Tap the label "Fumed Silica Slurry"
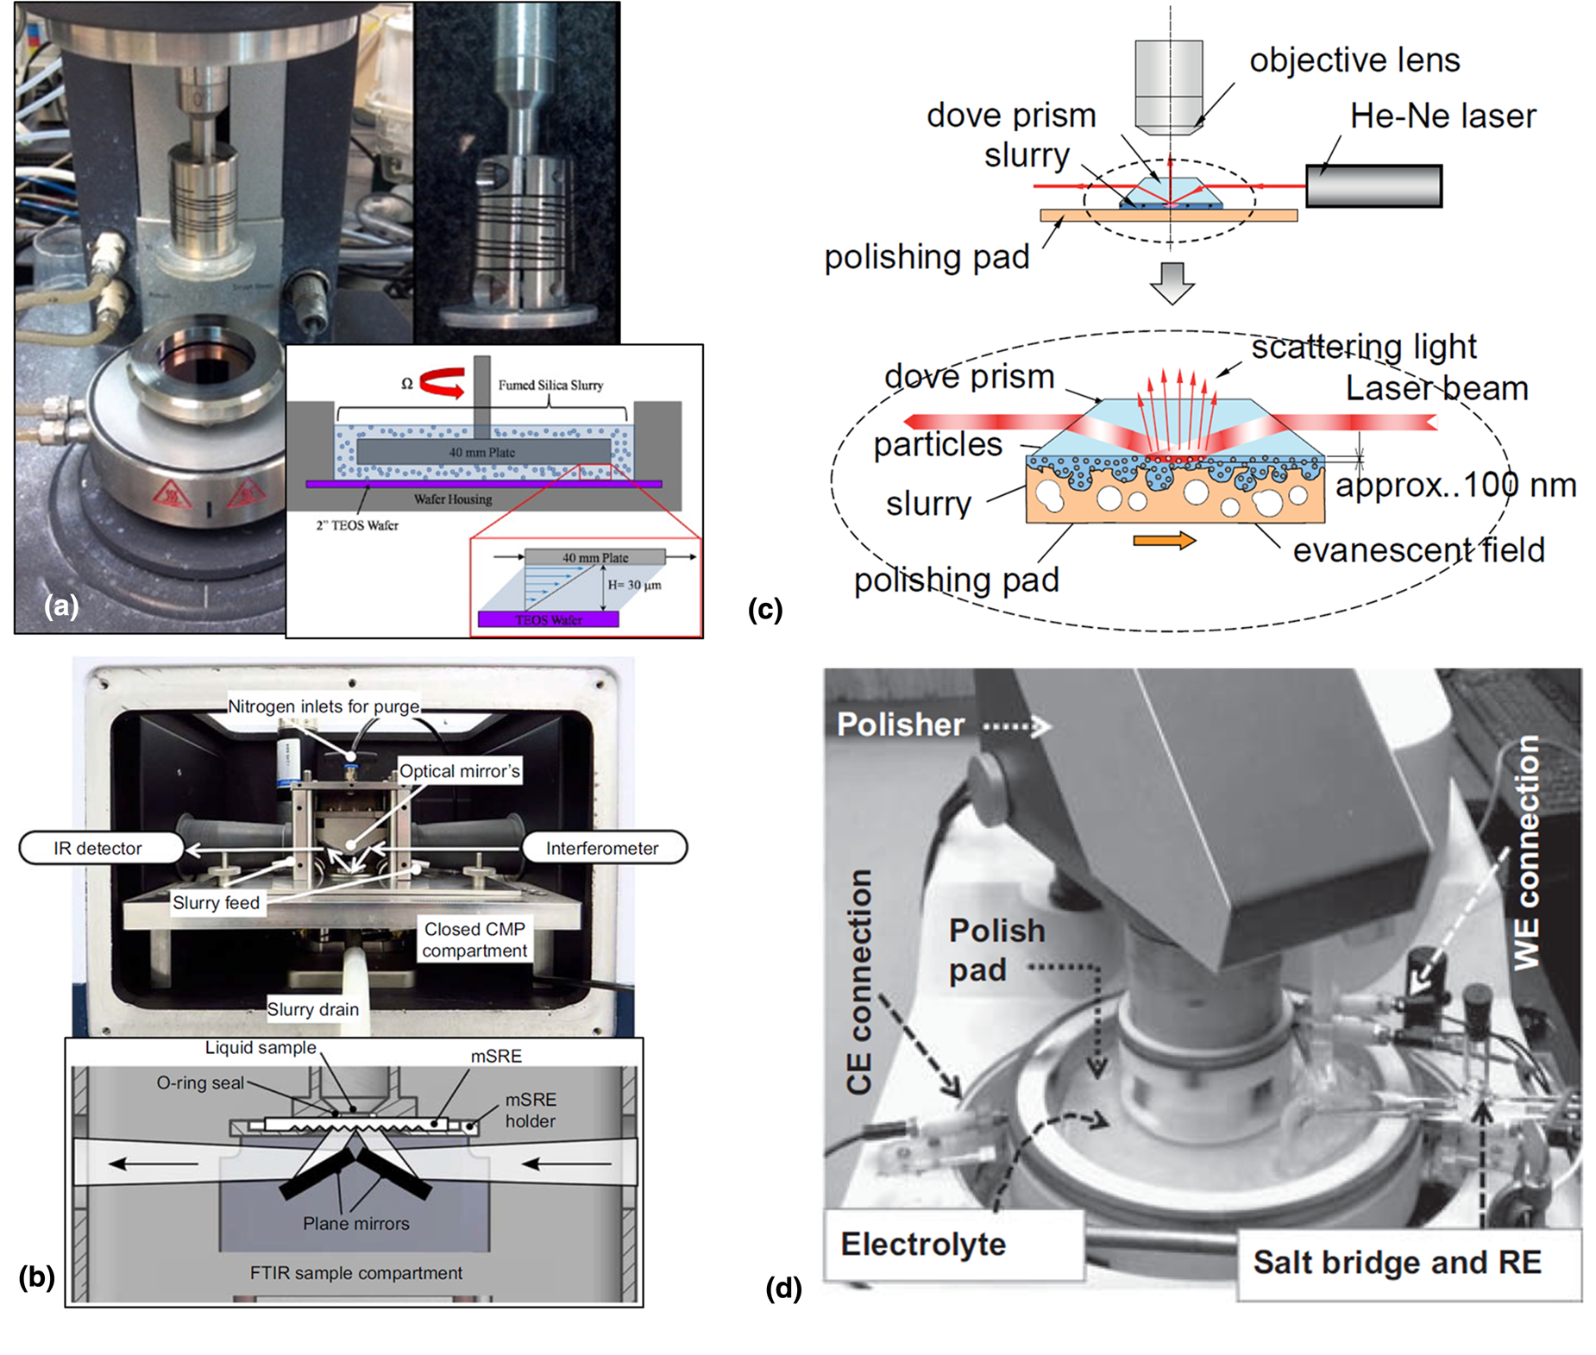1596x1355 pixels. pos(550,386)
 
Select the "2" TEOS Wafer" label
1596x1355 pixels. pos(357,525)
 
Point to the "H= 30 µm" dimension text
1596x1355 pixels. pos(634,586)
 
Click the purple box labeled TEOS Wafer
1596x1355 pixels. pos(549,619)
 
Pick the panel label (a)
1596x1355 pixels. pos(61,606)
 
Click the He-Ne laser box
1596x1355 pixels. pos(1373,186)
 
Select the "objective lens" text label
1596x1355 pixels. pos(1354,60)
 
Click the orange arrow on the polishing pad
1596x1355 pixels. pos(1164,541)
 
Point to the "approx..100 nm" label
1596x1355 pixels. pos(1455,486)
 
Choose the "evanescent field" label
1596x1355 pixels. pos(1418,550)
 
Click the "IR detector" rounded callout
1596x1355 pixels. pos(98,849)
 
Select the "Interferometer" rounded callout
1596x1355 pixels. pos(602,849)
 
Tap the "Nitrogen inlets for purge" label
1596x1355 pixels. pos(324,706)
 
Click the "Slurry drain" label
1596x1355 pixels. pos(312,1009)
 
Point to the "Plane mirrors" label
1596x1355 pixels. pos(356,1223)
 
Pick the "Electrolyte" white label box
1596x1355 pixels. pos(924,1245)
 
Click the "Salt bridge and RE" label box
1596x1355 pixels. pos(1397,1263)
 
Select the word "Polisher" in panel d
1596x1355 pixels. pos(900,725)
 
